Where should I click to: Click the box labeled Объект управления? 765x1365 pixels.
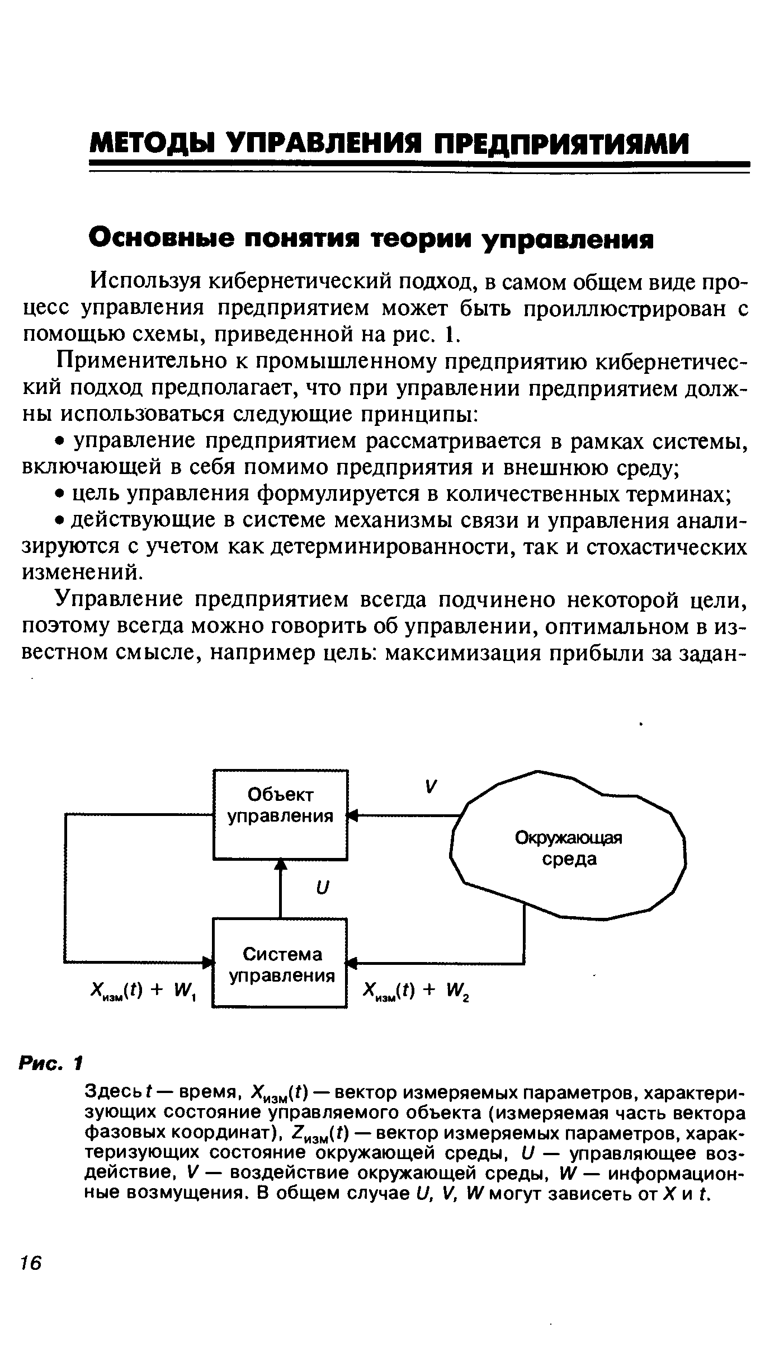click(280, 814)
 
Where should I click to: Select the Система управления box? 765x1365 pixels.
click(280, 963)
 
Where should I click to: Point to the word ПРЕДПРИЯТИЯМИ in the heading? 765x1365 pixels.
click(563, 144)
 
